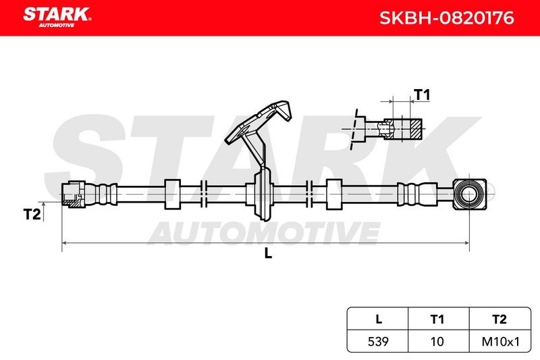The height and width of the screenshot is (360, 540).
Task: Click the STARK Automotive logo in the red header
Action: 57,17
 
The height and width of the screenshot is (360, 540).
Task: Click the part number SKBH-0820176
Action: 447,18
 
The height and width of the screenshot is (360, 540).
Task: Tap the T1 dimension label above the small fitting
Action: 423,95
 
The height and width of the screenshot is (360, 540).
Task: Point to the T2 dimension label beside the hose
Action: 32,214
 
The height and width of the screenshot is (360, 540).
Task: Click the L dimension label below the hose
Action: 268,253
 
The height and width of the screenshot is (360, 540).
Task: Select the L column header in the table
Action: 379,319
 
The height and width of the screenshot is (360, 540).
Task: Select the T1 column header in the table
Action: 437,319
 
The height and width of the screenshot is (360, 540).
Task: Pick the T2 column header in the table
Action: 500,319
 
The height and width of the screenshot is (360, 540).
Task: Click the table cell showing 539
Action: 378,341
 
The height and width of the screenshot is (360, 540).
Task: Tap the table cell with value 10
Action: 437,341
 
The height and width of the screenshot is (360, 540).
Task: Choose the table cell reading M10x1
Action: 500,341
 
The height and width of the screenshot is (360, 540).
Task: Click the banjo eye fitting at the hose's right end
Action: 470,195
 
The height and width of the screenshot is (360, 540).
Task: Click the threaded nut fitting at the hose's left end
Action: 73,195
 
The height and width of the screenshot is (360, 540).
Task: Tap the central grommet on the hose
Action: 262,195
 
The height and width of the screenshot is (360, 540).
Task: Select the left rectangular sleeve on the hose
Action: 172,195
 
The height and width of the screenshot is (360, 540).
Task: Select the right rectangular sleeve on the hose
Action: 333,195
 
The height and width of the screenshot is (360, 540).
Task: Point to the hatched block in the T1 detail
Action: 416,129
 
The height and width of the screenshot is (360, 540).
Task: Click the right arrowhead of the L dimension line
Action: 466,243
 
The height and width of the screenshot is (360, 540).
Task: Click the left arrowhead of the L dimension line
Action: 65,243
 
